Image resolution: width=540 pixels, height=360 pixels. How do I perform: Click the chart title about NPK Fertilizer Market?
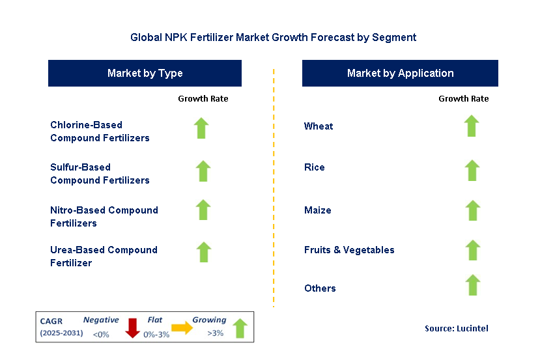click(273, 38)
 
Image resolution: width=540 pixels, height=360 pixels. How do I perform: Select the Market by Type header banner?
click(145, 74)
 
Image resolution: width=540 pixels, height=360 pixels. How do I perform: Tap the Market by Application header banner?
click(400, 74)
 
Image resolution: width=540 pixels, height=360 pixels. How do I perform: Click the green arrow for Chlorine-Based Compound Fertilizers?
click(201, 128)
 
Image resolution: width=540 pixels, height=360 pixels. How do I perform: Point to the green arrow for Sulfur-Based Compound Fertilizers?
click(203, 171)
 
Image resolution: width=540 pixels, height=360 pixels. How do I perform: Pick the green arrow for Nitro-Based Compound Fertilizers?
click(203, 210)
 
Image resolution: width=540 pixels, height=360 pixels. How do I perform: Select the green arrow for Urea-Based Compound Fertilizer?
click(204, 252)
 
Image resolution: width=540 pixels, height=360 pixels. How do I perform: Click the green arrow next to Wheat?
click(472, 126)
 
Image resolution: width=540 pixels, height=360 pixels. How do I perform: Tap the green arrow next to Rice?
click(472, 171)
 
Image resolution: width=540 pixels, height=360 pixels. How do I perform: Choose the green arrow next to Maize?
click(473, 210)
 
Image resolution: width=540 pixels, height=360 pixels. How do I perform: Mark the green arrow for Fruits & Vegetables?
click(473, 250)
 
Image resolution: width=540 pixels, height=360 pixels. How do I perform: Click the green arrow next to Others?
click(473, 285)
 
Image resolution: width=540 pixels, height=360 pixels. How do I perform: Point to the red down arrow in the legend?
click(133, 327)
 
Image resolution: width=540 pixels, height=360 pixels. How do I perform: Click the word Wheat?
click(319, 126)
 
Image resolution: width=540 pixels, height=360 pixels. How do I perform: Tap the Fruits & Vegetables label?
click(349, 250)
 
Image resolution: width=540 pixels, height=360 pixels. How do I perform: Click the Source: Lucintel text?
click(456, 329)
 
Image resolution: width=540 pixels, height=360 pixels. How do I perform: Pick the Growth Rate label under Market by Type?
click(203, 99)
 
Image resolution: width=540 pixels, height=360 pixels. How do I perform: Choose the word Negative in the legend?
click(101, 320)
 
